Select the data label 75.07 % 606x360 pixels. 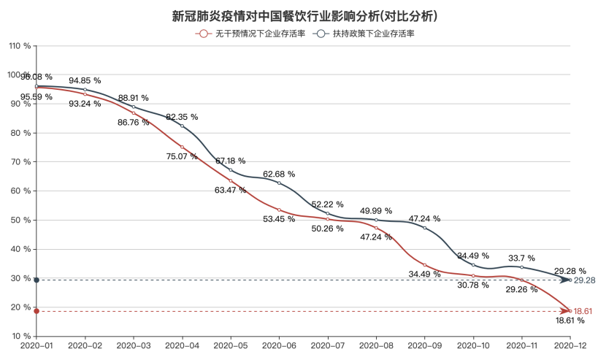click(182, 156)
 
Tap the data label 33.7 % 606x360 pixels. click(521, 258)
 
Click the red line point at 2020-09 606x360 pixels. click(424, 265)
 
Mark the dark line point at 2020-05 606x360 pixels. click(231, 170)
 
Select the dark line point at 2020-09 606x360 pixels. click(424, 228)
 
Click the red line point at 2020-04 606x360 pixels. click(182, 148)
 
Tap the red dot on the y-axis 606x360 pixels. click(37, 311)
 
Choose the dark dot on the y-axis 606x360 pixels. click(37, 280)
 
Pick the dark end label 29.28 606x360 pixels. click(586, 280)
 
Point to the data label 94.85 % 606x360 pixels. click(85, 80)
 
